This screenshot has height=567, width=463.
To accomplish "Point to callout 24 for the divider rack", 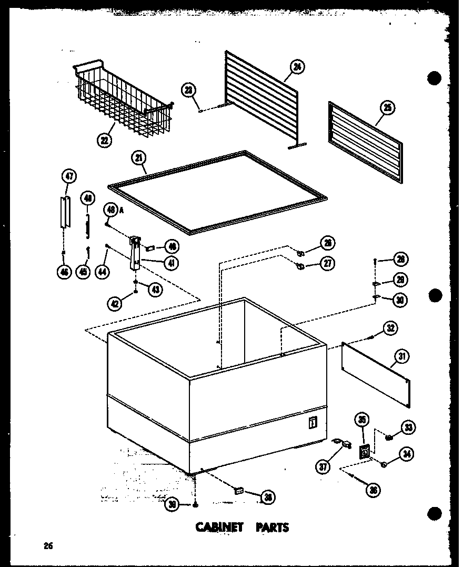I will tap(297, 67).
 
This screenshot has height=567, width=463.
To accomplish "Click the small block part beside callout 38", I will tap(238, 490).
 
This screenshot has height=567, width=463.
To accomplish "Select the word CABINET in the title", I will tap(219, 527).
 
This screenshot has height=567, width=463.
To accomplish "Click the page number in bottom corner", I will tap(48, 546).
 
